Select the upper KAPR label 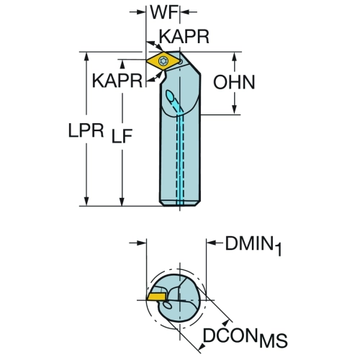tap(184, 37)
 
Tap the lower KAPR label tap(117, 81)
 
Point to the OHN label tap(234, 82)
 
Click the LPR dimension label tap(86, 130)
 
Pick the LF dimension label tap(122, 136)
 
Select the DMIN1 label tap(253, 245)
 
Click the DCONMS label tap(245, 336)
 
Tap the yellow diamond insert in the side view tap(163, 61)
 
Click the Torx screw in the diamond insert tap(163, 61)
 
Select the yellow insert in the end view tap(156, 297)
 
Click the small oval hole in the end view tap(167, 305)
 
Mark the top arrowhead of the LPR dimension tap(86, 56)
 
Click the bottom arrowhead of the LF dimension tap(122, 202)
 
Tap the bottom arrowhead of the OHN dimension tap(235, 110)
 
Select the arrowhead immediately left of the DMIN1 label tap(211, 243)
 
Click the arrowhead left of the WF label tap(142, 12)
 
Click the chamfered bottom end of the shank tap(180, 203)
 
